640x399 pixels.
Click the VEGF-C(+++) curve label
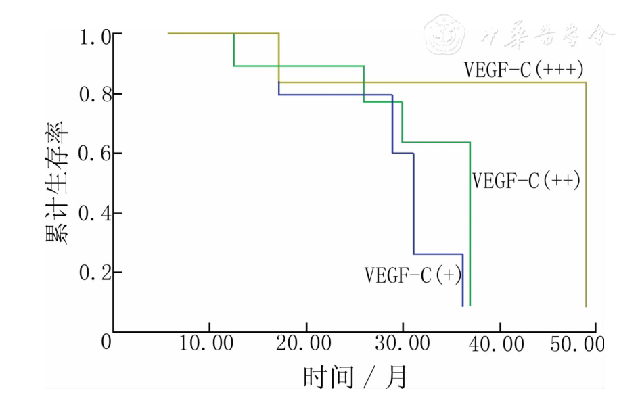tap(524, 70)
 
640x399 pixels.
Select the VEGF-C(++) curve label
tap(526, 181)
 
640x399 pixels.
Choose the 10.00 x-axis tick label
tap(210, 344)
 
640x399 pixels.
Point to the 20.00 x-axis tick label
tap(306, 344)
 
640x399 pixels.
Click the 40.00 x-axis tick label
tap(500, 344)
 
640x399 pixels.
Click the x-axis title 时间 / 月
tap(355, 376)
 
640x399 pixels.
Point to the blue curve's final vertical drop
tap(463, 280)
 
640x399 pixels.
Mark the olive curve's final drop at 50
tap(585, 196)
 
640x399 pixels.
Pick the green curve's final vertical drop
tap(470, 223)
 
